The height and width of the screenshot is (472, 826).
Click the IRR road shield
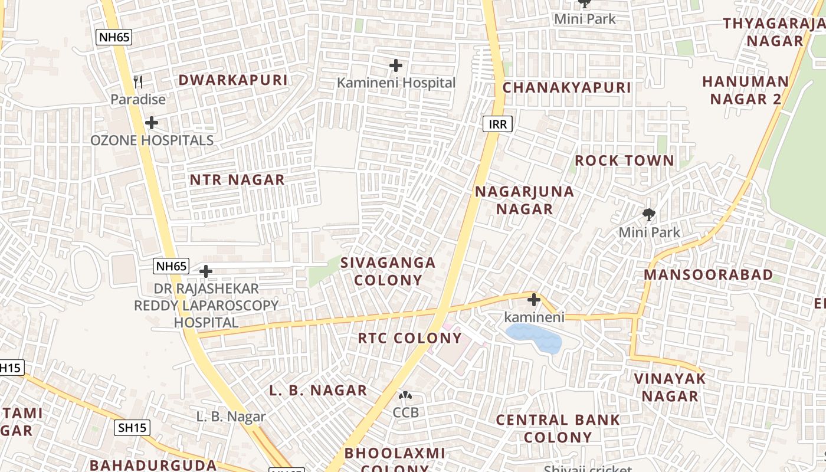(497, 124)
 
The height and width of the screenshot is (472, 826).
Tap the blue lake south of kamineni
(534, 339)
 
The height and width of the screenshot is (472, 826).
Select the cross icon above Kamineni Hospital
(396, 65)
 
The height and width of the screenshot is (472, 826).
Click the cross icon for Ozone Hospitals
(152, 123)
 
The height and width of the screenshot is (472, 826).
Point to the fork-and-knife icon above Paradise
(138, 81)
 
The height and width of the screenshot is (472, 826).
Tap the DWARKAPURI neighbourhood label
(233, 80)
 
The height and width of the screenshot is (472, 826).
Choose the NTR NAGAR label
(237, 179)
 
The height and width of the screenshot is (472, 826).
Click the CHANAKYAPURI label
(566, 88)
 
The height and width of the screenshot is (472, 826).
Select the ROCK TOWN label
(624, 160)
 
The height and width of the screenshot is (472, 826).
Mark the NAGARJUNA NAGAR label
(525, 200)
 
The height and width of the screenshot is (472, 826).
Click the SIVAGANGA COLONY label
(388, 271)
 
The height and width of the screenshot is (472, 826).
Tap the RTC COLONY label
(410, 338)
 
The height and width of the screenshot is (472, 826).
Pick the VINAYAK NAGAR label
(670, 387)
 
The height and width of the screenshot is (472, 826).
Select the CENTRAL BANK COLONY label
(558, 428)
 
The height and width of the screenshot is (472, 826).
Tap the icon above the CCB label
(405, 395)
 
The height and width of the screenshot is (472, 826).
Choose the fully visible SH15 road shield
(132, 428)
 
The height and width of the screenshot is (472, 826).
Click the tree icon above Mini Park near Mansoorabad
(649, 214)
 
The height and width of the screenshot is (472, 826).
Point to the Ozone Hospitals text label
(152, 140)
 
